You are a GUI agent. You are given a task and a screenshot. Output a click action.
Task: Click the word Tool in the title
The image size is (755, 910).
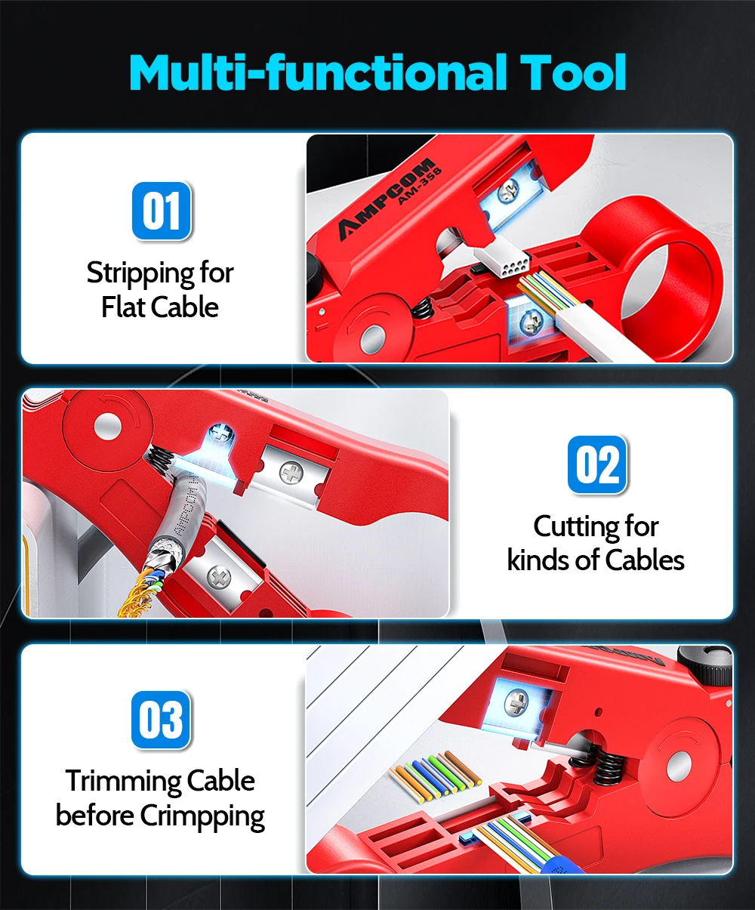point(573,72)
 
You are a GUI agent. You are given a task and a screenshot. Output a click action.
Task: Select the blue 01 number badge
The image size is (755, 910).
point(162,211)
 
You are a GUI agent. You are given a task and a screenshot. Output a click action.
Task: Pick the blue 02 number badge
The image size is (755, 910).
point(597,464)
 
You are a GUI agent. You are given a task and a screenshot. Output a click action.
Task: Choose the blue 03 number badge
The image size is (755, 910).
point(161,720)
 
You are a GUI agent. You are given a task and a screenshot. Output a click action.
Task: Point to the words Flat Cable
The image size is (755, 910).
point(160,307)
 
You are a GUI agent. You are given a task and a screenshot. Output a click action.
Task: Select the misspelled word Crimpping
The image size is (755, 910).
point(202,816)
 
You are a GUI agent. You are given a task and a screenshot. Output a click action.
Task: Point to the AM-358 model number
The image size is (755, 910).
point(420,185)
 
